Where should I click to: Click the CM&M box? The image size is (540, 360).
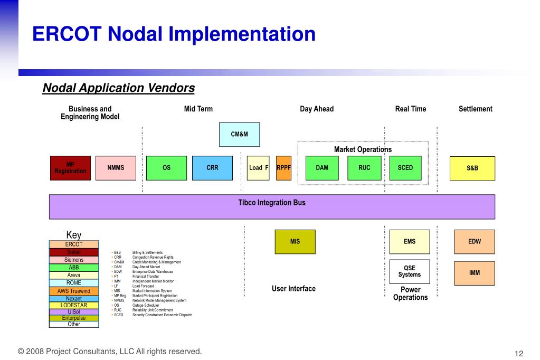pos(239,135)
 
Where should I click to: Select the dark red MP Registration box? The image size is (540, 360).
pos(70,168)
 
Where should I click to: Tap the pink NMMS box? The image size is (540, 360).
pos(116,168)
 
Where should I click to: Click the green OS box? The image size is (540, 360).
pos(166,168)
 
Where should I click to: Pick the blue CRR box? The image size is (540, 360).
pos(212,168)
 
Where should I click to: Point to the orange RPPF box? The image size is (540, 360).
pos(283,168)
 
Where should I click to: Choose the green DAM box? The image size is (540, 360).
pos(322,168)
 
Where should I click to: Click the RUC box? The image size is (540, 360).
pos(364,168)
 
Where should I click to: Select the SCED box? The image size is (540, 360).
pos(405,168)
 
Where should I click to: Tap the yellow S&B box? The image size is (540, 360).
pos(472,168)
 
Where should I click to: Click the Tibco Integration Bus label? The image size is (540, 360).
pos(272,203)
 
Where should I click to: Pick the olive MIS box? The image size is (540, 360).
pos(295,242)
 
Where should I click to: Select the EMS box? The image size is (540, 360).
pos(410,242)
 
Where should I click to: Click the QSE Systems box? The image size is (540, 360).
pos(410,272)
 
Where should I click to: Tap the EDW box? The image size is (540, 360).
pos(475,242)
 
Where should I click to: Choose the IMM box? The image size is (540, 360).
pos(475,273)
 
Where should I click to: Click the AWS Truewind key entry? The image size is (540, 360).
pos(74,291)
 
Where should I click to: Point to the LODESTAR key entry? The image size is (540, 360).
pos(74,306)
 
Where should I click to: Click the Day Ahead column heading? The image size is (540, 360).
pos(317,109)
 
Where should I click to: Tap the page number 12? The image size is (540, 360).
pos(518,353)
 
